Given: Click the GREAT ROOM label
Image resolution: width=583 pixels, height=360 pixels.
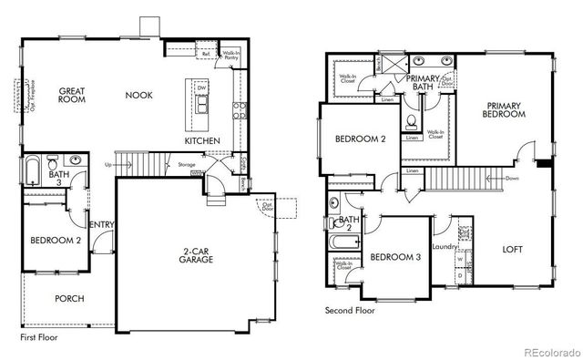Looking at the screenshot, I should (72, 96).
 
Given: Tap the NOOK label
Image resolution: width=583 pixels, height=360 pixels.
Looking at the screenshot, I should (138, 95).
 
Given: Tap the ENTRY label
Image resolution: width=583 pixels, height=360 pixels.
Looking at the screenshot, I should (99, 224).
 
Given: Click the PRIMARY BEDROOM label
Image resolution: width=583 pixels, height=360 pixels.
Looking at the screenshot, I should (505, 109).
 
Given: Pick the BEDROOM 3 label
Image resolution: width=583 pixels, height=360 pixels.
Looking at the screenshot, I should (395, 258).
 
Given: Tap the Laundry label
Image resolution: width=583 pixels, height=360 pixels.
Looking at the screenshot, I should (445, 247).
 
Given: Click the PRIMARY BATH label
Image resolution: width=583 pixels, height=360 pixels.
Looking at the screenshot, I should (423, 83).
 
